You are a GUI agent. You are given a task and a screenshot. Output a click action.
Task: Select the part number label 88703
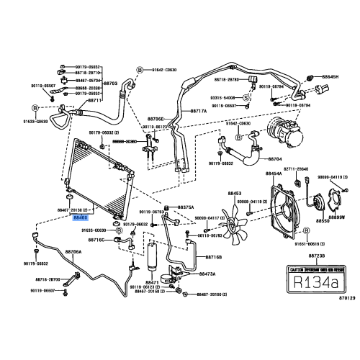[112, 84]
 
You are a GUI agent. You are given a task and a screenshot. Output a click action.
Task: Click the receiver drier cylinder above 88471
[153, 253]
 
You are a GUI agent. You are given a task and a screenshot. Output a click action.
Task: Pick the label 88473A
[207, 274]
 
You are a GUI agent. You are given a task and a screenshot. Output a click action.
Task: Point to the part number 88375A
[186, 207]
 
